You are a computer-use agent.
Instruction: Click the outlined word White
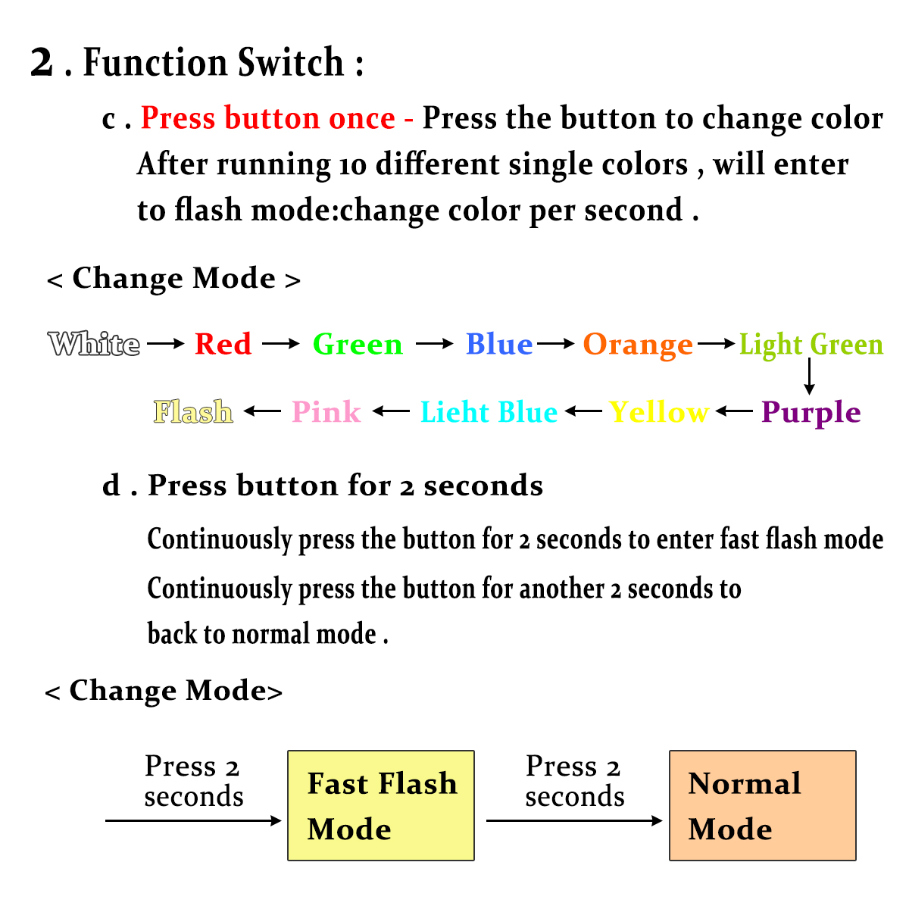(94, 343)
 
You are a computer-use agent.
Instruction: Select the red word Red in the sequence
(223, 343)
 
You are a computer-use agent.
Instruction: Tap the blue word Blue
(498, 343)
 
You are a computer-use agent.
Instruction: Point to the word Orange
(638, 345)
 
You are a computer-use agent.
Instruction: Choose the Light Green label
(811, 345)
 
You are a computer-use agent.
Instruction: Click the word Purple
(811, 414)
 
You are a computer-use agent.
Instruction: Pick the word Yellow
(658, 412)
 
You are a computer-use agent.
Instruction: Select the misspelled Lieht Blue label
(489, 412)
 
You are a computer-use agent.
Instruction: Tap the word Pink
(326, 412)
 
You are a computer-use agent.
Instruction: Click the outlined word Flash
(193, 411)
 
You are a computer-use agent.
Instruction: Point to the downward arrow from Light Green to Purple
(810, 376)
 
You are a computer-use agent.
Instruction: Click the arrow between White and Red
(166, 343)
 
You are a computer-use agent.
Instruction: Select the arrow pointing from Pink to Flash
(262, 411)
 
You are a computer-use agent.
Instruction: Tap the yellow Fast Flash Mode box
(381, 805)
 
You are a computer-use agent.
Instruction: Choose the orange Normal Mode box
(762, 805)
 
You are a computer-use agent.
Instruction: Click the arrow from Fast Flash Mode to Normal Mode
(574, 821)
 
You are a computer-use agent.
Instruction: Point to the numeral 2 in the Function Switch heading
(42, 62)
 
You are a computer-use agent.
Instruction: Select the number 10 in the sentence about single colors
(352, 166)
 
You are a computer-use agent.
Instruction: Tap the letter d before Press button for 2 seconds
(111, 486)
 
